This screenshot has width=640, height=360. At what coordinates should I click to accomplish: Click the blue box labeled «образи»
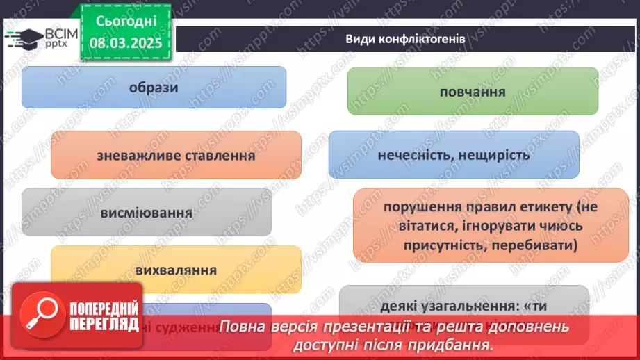(x=154, y=88)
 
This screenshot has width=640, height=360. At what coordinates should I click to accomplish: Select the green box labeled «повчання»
(x=473, y=91)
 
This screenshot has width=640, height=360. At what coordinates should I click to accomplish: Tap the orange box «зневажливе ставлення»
(x=176, y=156)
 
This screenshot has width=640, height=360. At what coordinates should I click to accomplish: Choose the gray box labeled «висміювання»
(x=146, y=212)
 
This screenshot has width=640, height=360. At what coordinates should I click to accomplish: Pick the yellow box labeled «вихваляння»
(x=176, y=270)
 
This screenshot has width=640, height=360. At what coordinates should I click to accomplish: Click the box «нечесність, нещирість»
(x=453, y=155)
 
